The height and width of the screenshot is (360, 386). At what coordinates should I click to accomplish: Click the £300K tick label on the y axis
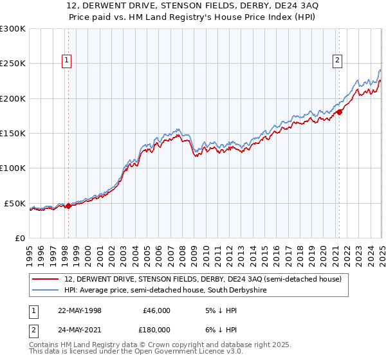(x=12, y=29)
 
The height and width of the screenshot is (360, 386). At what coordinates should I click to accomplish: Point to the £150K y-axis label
(x=12, y=134)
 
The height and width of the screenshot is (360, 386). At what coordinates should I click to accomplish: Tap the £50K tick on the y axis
(x=15, y=203)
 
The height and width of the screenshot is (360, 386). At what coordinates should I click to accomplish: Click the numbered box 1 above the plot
(x=66, y=61)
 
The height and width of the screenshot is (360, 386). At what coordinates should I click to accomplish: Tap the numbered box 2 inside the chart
(x=338, y=61)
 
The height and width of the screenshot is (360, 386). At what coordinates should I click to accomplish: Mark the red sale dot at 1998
(x=69, y=206)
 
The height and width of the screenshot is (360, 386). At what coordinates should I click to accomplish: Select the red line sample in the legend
(x=46, y=279)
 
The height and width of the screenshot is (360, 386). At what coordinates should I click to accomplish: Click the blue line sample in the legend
(x=46, y=290)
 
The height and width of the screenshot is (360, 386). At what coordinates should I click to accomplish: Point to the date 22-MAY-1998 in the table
(x=79, y=310)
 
